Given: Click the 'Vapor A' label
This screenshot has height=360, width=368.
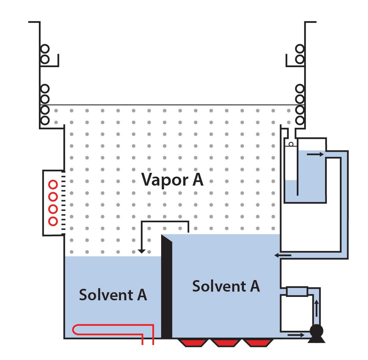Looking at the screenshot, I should click(x=172, y=179).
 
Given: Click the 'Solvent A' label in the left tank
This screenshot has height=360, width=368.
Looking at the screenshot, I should click(x=113, y=294).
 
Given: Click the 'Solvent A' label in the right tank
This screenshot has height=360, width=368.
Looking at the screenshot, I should click(x=226, y=286).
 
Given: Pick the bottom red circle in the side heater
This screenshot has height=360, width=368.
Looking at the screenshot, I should click(x=53, y=221).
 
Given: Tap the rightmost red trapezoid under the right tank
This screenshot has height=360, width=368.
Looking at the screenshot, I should click(x=258, y=343).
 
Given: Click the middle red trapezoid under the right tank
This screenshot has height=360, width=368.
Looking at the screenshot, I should click(x=226, y=343).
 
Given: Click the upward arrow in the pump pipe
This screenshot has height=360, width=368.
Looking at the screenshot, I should click(x=316, y=308).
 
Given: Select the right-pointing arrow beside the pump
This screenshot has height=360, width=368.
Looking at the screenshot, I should click(x=296, y=335).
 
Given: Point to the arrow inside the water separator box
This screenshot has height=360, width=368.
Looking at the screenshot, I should click(x=315, y=154).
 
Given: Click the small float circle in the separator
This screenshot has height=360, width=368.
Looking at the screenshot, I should click(x=291, y=144).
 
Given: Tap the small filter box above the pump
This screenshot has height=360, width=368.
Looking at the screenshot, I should click(x=297, y=291).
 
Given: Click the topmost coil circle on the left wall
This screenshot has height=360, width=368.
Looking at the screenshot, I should click(x=45, y=49).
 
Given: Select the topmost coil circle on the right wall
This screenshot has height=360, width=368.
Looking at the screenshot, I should click(x=300, y=49).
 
